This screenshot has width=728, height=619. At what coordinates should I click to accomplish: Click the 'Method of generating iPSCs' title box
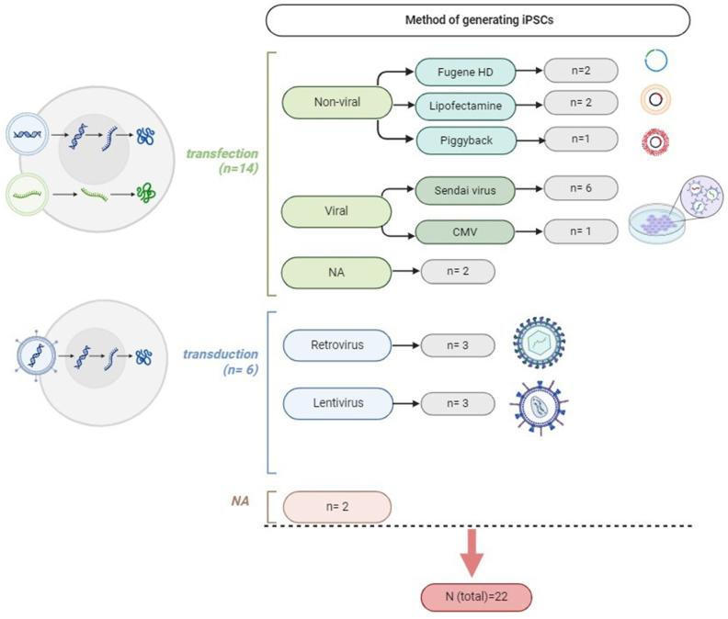478,20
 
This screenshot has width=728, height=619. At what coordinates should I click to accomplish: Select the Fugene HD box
465,72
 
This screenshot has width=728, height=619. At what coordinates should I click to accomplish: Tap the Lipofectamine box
465,106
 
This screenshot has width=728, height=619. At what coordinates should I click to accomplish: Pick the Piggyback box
466,141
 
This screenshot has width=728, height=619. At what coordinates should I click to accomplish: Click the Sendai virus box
465,190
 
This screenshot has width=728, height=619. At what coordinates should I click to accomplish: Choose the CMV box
465,232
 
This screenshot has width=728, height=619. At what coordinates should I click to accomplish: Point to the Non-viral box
337,102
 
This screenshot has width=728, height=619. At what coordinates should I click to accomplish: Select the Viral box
336,211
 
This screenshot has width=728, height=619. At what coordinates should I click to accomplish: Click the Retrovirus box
337,345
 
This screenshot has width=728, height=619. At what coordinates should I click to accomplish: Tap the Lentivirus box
338,403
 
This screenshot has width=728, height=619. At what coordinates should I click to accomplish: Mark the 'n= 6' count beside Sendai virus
581,188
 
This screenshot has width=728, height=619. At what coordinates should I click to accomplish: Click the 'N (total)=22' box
476,597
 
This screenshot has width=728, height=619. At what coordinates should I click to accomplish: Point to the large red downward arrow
472,553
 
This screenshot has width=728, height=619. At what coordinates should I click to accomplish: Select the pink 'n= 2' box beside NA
337,507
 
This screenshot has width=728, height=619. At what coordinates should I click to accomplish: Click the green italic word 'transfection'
222,153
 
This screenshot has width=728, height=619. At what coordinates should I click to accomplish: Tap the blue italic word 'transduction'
221,355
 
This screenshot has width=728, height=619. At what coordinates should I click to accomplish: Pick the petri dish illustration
657,223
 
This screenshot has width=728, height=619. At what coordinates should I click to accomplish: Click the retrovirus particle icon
539,343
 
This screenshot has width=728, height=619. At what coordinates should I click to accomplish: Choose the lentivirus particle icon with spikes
539,407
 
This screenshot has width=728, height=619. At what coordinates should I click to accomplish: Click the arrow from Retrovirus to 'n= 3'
405,345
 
